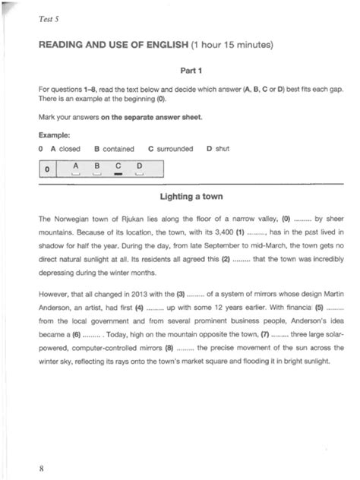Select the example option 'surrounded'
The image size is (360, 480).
click(175, 149)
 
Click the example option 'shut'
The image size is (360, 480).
click(222, 149)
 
